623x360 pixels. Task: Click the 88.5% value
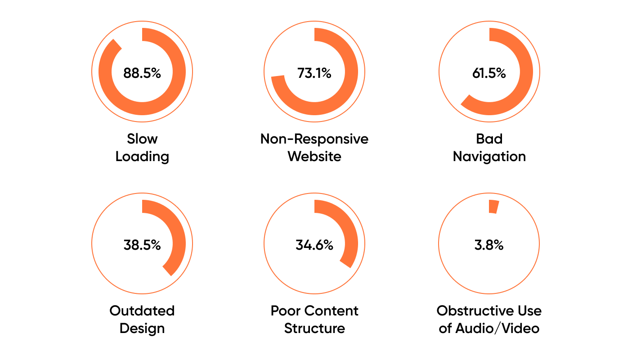click(x=142, y=73)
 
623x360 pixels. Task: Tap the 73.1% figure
click(x=314, y=73)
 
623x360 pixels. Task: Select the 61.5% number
click(x=489, y=73)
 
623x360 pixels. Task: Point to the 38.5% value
click(x=142, y=245)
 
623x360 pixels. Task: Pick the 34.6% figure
click(x=314, y=245)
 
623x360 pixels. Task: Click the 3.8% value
click(x=489, y=245)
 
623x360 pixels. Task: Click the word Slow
click(x=142, y=139)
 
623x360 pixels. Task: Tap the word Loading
click(x=142, y=157)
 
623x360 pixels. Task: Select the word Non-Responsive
click(x=314, y=139)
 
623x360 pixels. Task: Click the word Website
click(x=314, y=157)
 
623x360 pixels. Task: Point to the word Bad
click(x=489, y=139)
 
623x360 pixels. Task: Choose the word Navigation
click(x=489, y=157)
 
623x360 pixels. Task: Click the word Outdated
click(x=142, y=311)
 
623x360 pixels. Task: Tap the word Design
click(x=142, y=328)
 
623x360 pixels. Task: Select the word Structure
click(x=314, y=328)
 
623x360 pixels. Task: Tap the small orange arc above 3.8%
click(x=493, y=207)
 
